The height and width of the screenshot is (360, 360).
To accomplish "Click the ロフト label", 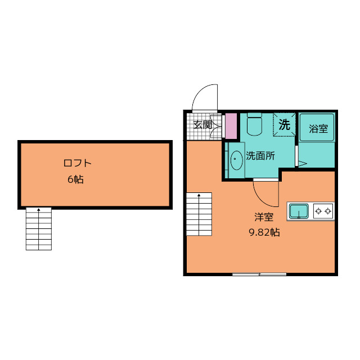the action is click(78, 163).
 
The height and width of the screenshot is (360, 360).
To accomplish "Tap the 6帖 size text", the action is click(75, 179).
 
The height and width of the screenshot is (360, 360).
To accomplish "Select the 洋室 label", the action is click(264, 217).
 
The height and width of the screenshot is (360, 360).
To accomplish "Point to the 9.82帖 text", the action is click(264, 232).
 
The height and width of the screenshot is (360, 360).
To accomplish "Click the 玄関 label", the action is click(202, 125).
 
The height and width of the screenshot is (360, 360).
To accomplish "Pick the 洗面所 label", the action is click(260, 156).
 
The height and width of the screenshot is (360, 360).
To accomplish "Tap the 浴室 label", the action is click(318, 129).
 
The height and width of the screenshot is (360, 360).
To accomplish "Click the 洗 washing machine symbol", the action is click(284, 125).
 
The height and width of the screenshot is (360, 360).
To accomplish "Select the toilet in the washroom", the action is click(254, 124).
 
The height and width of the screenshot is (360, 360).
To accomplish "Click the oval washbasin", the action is click(236, 160).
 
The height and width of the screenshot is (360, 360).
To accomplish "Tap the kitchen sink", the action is click(299, 211).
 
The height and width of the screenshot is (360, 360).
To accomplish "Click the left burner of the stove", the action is click(318, 211).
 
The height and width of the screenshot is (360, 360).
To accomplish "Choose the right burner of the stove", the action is click(328, 211).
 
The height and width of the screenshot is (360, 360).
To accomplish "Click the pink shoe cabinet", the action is click(231, 126).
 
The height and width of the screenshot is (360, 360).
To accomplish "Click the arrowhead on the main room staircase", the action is click(199, 195).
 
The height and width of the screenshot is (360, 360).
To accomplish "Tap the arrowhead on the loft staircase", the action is click(39, 210).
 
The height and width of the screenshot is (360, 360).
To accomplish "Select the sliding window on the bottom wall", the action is click(259, 274).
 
